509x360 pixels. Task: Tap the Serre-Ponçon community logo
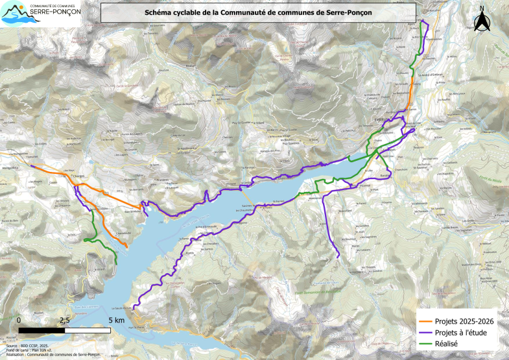pyautogui.click(x=40, y=14)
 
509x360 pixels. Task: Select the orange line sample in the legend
pyautogui.click(x=426, y=320)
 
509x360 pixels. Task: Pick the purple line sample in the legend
pyautogui.click(x=426, y=332)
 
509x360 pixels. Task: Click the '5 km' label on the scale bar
pyautogui.click(x=117, y=320)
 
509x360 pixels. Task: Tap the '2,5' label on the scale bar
pyautogui.click(x=65, y=320)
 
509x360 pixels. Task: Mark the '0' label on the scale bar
pyautogui.click(x=19, y=320)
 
